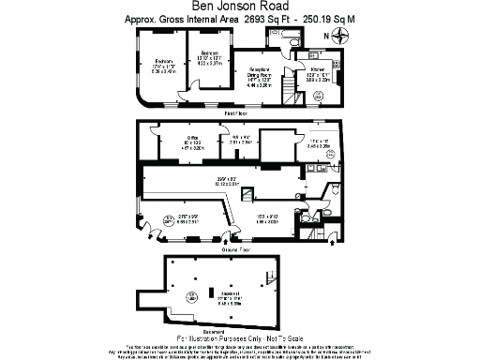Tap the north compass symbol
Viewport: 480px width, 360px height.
click(x=338, y=36)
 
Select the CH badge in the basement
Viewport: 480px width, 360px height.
click(x=191, y=295)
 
